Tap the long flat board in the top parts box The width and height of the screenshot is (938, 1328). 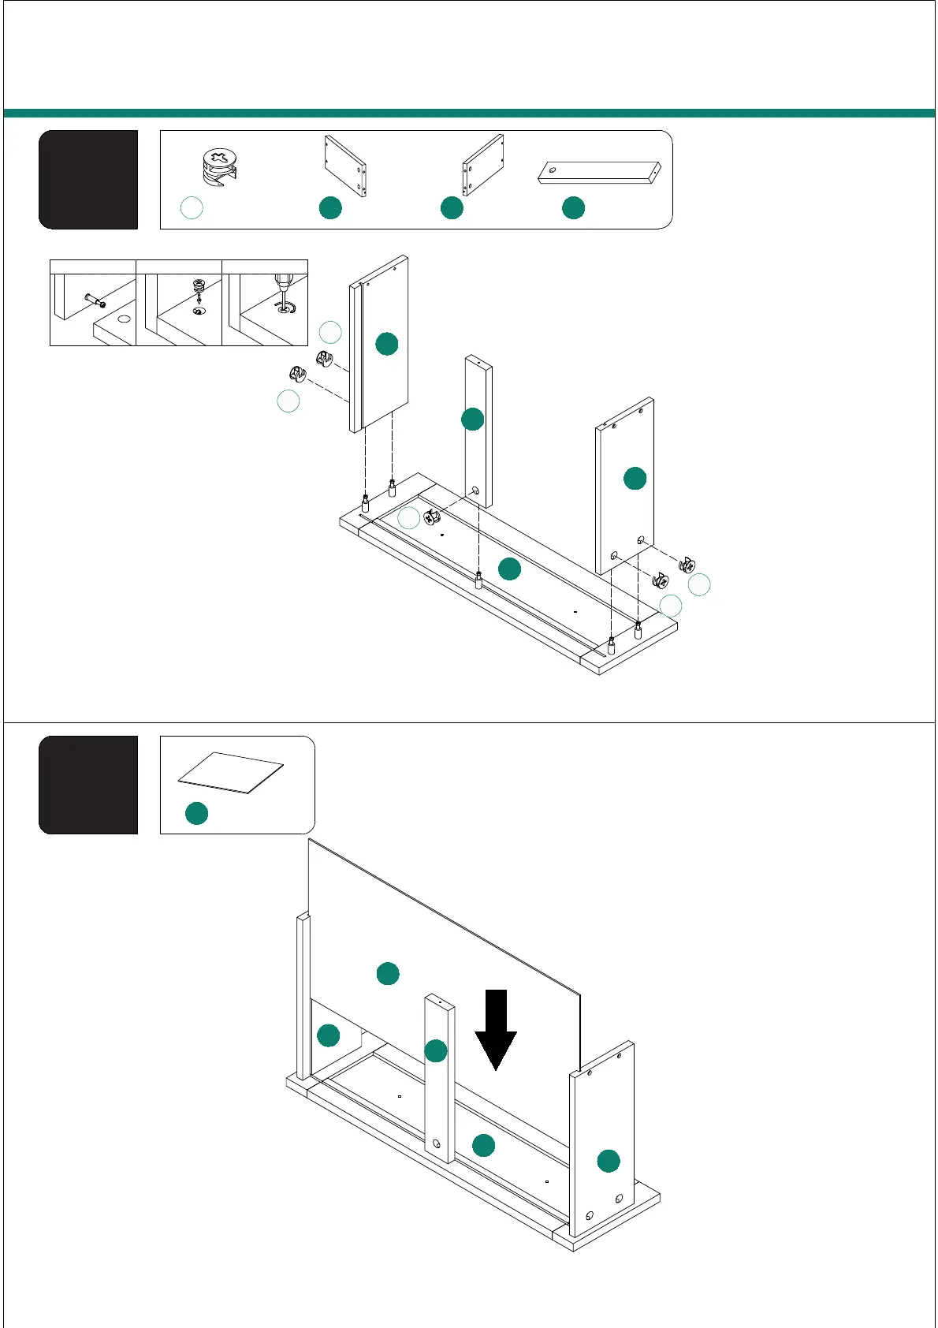tap(599, 173)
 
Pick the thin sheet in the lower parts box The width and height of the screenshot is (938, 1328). tap(230, 772)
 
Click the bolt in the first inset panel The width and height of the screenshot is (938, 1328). tap(95, 300)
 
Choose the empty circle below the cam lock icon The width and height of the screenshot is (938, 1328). tap(192, 207)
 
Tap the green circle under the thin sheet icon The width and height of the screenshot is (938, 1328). tap(196, 813)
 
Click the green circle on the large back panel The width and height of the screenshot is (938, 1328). tap(388, 973)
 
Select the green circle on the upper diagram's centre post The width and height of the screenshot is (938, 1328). tap(472, 419)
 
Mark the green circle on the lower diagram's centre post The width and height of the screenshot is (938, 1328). tap(436, 1050)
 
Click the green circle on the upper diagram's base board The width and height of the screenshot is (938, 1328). tap(510, 569)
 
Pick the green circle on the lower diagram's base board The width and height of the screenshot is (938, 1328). tap(483, 1145)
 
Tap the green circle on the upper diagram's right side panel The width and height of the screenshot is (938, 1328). tap(635, 478)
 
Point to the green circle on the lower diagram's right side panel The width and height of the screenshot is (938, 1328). tap(609, 1161)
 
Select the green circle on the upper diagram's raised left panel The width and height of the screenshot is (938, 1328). tap(386, 344)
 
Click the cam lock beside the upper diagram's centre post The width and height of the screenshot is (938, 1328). tap(431, 518)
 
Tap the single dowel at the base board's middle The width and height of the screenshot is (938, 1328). tap(478, 580)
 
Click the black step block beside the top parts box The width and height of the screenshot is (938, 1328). tap(88, 180)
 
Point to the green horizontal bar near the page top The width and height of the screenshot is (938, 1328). tap(469, 114)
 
